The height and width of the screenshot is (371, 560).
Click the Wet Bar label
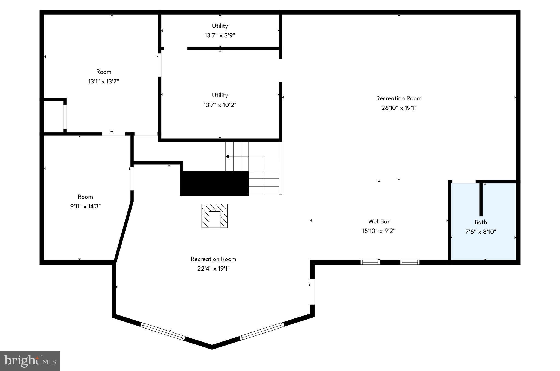379,221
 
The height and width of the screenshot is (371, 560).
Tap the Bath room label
480,222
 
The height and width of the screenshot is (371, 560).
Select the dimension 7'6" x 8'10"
480,232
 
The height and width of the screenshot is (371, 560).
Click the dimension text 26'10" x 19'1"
399,108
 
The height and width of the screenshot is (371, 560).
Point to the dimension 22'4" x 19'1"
213,269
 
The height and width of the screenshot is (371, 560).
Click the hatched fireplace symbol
215,216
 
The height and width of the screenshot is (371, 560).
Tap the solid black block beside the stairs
214,183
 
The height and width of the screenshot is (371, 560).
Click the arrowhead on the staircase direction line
227,156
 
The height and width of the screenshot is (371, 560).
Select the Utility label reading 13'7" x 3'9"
220,26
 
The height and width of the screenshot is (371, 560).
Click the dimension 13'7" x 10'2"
220,105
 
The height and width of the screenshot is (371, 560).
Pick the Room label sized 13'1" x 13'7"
104,72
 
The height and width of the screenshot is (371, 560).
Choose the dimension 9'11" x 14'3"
85,206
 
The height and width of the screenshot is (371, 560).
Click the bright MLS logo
30,361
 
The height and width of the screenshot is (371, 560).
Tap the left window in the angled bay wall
163,332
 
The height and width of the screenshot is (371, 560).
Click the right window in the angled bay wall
262,331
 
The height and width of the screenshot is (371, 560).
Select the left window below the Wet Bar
370,262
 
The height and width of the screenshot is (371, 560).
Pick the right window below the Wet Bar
410,262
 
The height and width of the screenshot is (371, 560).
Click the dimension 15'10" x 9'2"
379,231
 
